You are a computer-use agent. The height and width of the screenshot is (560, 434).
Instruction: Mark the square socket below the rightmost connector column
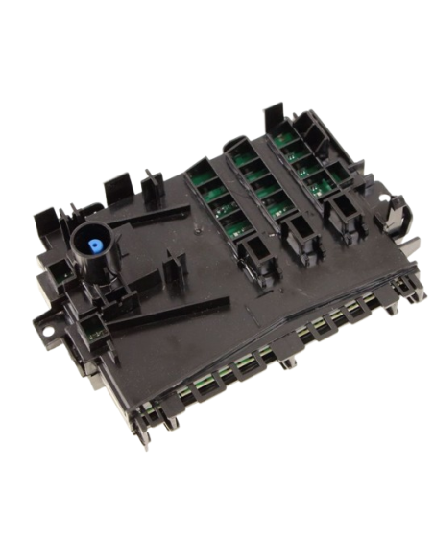(343, 210)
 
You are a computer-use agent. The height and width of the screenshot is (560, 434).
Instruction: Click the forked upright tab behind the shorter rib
(151, 183)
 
